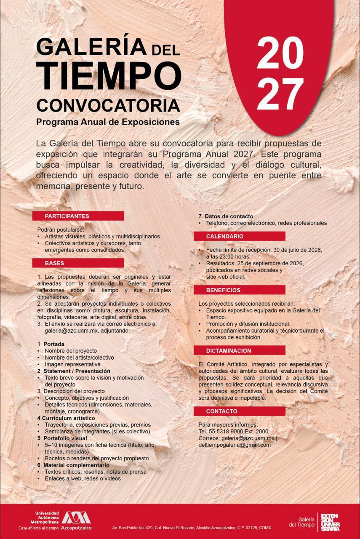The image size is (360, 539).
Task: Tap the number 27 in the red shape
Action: pyautogui.click(x=280, y=94)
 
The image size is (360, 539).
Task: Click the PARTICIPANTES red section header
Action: pyautogui.click(x=78, y=216)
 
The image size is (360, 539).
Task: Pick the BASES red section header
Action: pyautogui.click(x=78, y=263)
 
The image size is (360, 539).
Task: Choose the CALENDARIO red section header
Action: pyautogui.click(x=239, y=236)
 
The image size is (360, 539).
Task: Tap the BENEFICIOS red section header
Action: pyautogui.click(x=239, y=290)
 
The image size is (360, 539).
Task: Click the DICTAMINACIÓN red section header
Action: pyautogui.click(x=239, y=351)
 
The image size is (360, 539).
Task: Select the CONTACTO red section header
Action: pyautogui.click(x=239, y=411)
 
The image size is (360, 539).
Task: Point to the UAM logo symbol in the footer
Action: pyautogui.click(x=76, y=518)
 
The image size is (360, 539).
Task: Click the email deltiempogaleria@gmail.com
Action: pyautogui.click(x=235, y=445)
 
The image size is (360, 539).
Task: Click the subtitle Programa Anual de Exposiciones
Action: pyautogui.click(x=108, y=122)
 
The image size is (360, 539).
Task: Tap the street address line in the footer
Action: pyautogui.click(x=192, y=528)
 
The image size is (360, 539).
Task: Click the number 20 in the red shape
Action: pyautogui.click(x=280, y=53)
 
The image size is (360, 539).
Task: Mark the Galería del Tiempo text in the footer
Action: pyautogui.click(x=301, y=522)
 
